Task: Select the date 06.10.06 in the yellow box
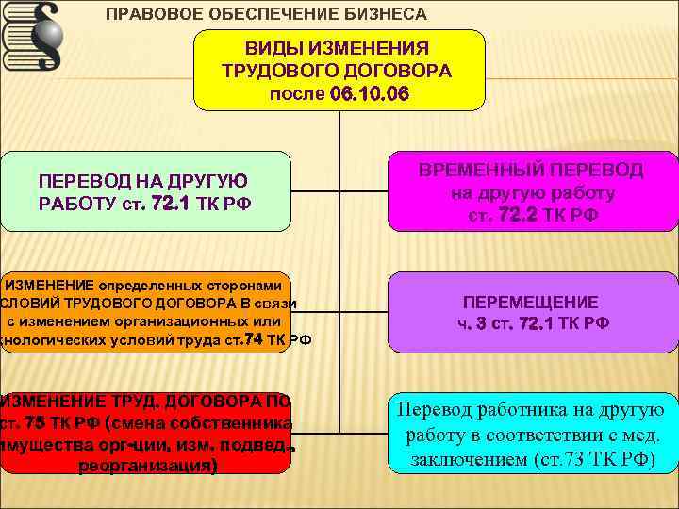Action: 370,94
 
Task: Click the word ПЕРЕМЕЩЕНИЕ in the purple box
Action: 530,303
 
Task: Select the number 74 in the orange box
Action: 252,339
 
